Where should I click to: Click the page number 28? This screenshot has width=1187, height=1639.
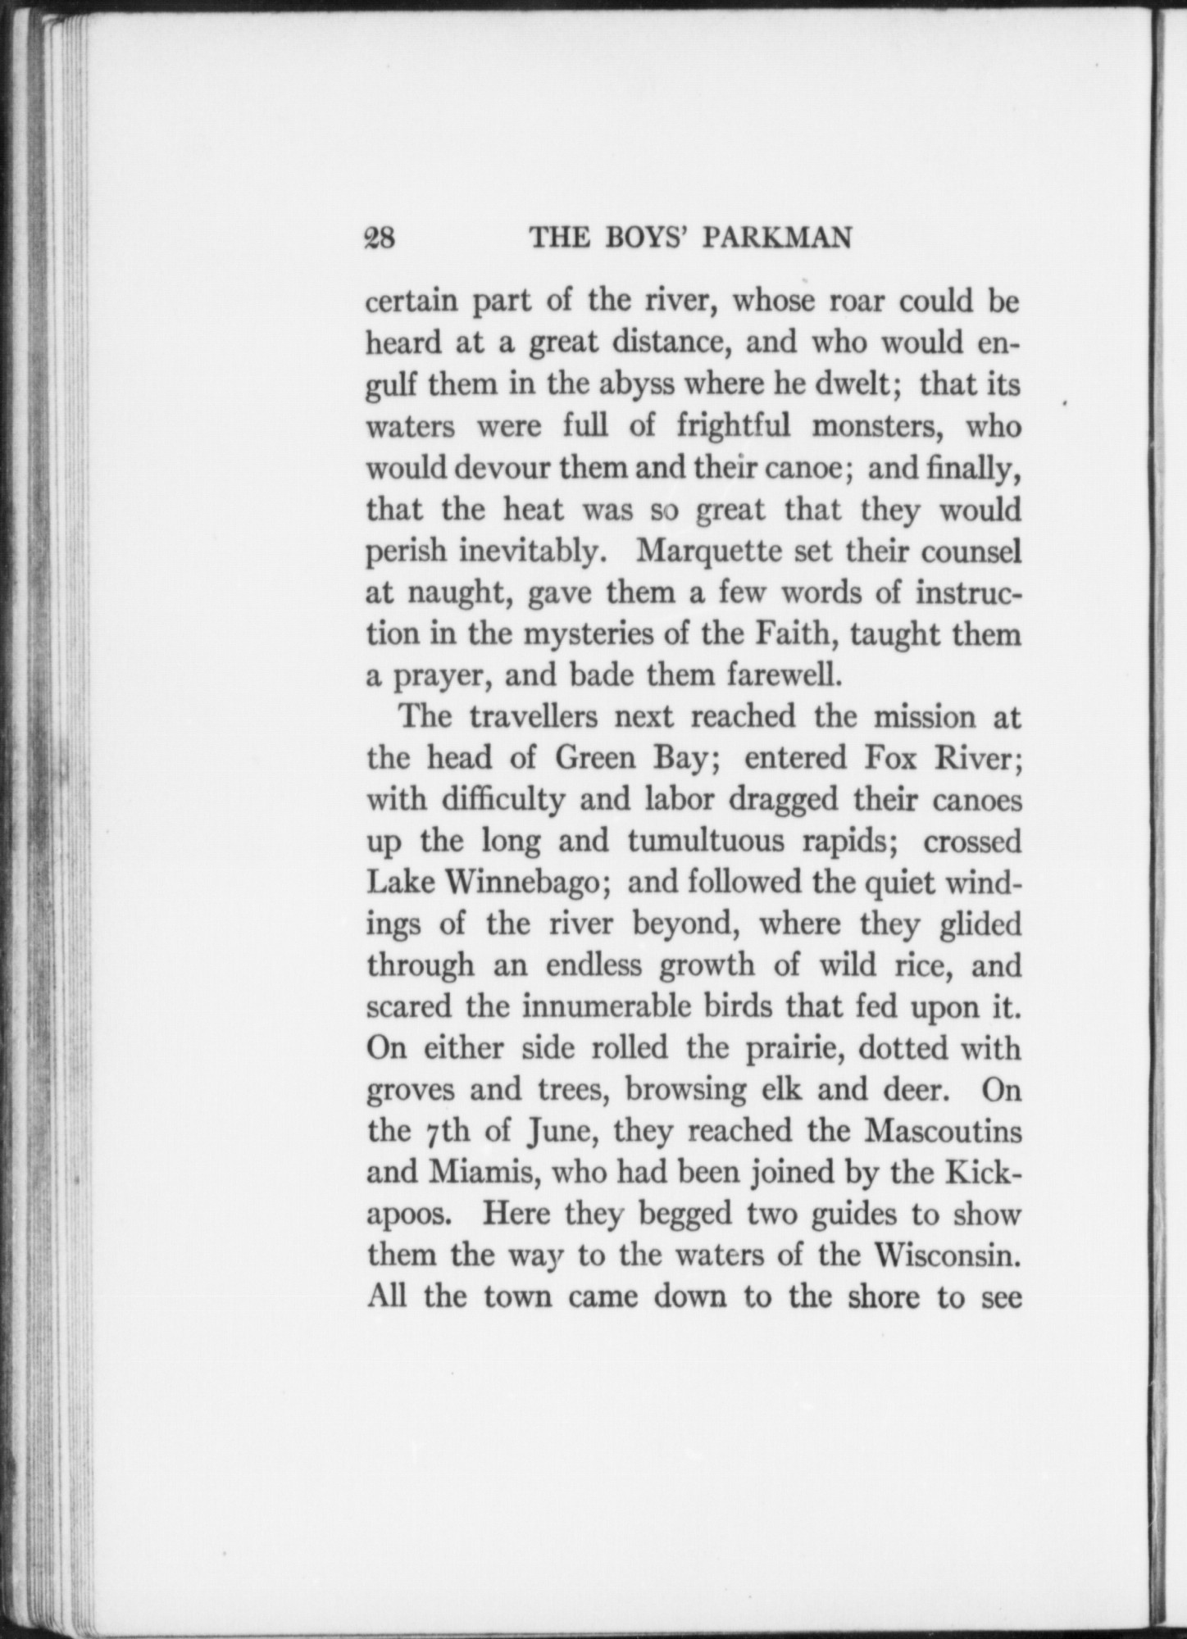point(380,238)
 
